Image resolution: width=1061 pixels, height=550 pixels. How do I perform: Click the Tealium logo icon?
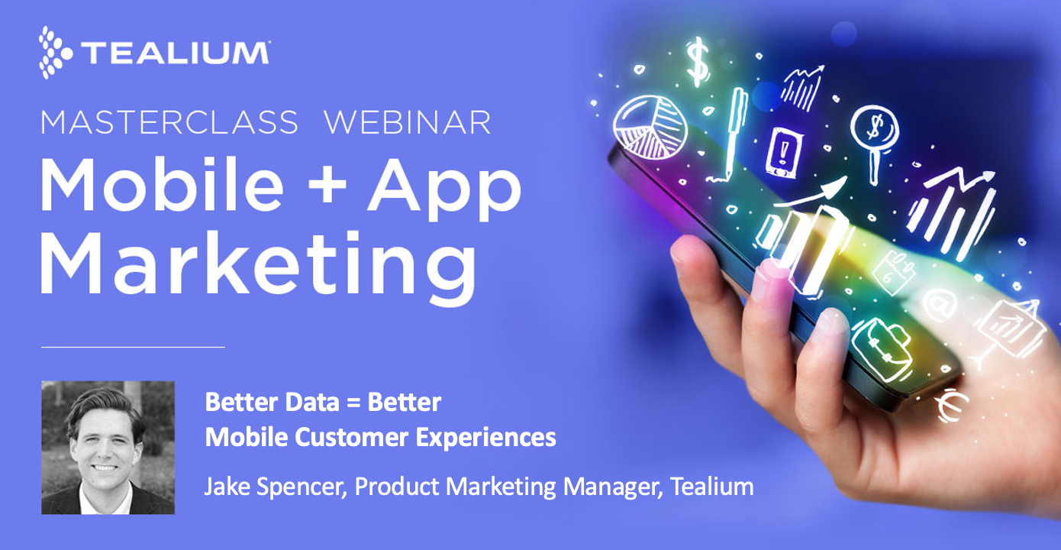(x=55, y=51)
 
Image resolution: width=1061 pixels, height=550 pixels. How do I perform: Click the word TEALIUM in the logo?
(x=175, y=53)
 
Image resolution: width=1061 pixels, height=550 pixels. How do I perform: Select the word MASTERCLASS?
(x=169, y=122)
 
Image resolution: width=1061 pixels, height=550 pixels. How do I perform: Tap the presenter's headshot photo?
(x=108, y=447)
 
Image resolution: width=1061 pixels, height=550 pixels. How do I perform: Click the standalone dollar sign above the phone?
(x=697, y=63)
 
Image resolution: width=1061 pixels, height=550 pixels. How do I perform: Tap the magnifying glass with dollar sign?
(x=874, y=130)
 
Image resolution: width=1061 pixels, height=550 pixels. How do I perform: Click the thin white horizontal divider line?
(x=133, y=347)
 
